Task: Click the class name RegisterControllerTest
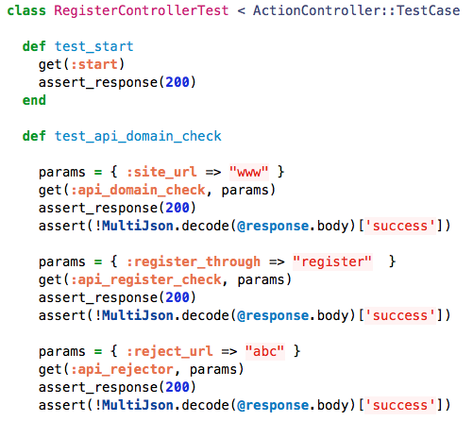tap(142, 10)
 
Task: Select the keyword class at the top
tap(26, 10)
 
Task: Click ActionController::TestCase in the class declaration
tap(357, 10)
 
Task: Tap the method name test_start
tap(94, 46)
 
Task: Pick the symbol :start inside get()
tap(94, 64)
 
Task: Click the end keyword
tap(34, 100)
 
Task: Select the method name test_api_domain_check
tap(138, 136)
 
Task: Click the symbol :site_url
tap(161, 172)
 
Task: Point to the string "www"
tap(249, 172)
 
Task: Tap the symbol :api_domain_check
tap(138, 190)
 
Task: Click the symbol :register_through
tap(194, 261)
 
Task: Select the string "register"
tap(332, 261)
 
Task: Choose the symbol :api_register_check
tap(146, 279)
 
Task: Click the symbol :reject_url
tap(170, 351)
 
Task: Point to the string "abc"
tap(265, 351)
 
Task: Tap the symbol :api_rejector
tap(122, 369)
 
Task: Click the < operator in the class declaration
tap(241, 10)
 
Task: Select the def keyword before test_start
tap(34, 46)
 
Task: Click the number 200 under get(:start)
tap(177, 82)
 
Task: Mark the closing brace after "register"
tap(392, 261)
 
